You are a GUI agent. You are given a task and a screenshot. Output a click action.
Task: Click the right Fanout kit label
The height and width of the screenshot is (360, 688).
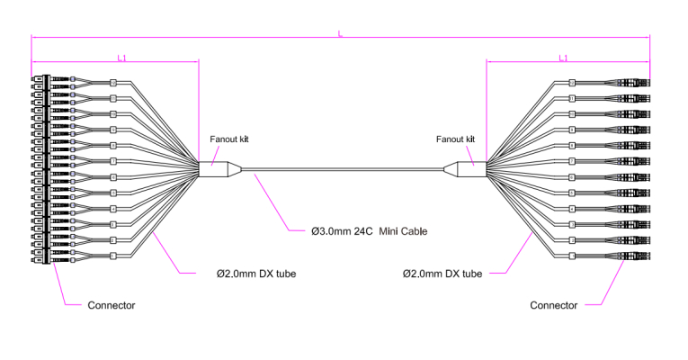click(455, 139)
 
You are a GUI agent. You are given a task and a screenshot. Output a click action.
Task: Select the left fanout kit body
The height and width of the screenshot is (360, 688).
click(216, 168)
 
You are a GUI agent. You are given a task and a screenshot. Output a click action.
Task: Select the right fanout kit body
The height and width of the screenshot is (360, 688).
click(469, 168)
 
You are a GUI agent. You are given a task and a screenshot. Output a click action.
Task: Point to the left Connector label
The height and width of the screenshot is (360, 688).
click(111, 305)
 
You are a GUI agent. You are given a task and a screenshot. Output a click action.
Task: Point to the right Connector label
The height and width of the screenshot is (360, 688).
click(553, 305)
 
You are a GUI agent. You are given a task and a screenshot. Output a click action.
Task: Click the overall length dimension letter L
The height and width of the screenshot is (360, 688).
click(340, 33)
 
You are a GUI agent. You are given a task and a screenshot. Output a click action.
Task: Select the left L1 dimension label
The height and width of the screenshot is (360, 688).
click(122, 58)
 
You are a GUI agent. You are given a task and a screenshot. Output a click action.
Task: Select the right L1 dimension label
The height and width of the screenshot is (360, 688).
click(563, 58)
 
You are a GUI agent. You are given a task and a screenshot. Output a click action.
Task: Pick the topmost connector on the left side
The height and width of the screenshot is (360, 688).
click(40, 79)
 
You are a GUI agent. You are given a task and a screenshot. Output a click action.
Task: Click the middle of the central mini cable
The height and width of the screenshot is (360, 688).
click(342, 168)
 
